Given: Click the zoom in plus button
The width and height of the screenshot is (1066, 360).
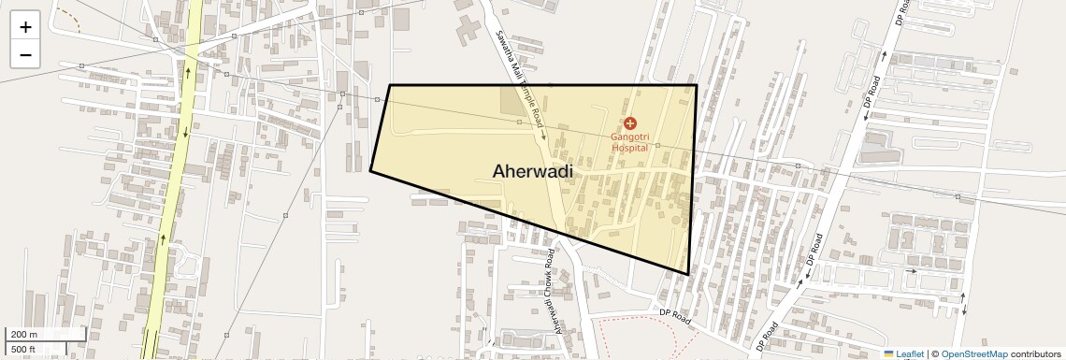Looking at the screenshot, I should pos(25,27).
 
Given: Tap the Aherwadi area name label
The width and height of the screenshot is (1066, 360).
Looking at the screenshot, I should pos(532,171).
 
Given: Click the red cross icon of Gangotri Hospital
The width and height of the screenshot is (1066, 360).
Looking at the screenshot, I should pos(629,123).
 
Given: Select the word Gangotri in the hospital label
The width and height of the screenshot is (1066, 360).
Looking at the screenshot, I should pos(629,137).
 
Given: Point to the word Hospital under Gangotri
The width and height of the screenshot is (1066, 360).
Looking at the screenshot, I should pos(629,148).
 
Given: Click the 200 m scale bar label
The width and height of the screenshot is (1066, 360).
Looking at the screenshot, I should pos(24,335).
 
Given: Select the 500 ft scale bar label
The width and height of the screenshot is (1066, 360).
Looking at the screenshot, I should pos(23,350).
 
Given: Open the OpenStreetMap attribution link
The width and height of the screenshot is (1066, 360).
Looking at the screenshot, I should pos(973,353).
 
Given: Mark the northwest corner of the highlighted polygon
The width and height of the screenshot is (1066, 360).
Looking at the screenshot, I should pos(390,86).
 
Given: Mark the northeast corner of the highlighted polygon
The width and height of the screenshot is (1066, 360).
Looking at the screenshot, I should pos(697,86).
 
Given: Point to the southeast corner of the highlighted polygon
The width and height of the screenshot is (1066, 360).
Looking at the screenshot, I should pos(688,274).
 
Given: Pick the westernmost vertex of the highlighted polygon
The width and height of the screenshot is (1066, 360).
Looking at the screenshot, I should pos(370,170).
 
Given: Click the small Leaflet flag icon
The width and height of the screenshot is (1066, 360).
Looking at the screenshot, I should pos(889,353).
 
